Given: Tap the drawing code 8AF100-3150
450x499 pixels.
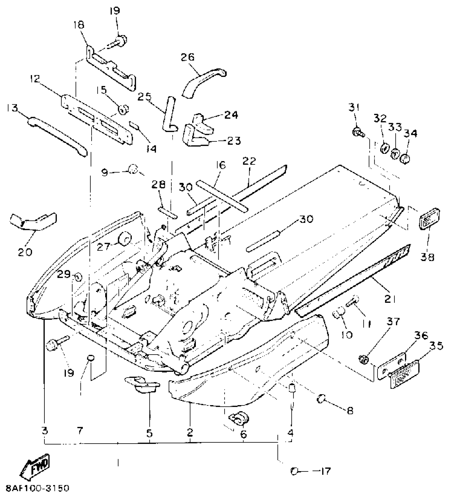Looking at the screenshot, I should click(37, 488).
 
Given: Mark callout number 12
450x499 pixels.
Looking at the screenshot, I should click(35, 79).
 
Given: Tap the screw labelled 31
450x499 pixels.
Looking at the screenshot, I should click(358, 132).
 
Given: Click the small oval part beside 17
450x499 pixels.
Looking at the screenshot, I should click(293, 471).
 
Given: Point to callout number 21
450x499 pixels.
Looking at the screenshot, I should click(390, 299).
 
